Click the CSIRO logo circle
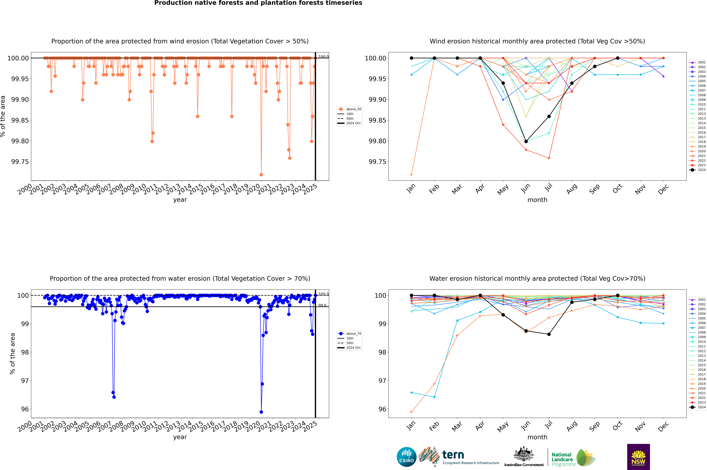click(406, 457)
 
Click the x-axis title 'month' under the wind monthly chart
click(537, 200)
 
